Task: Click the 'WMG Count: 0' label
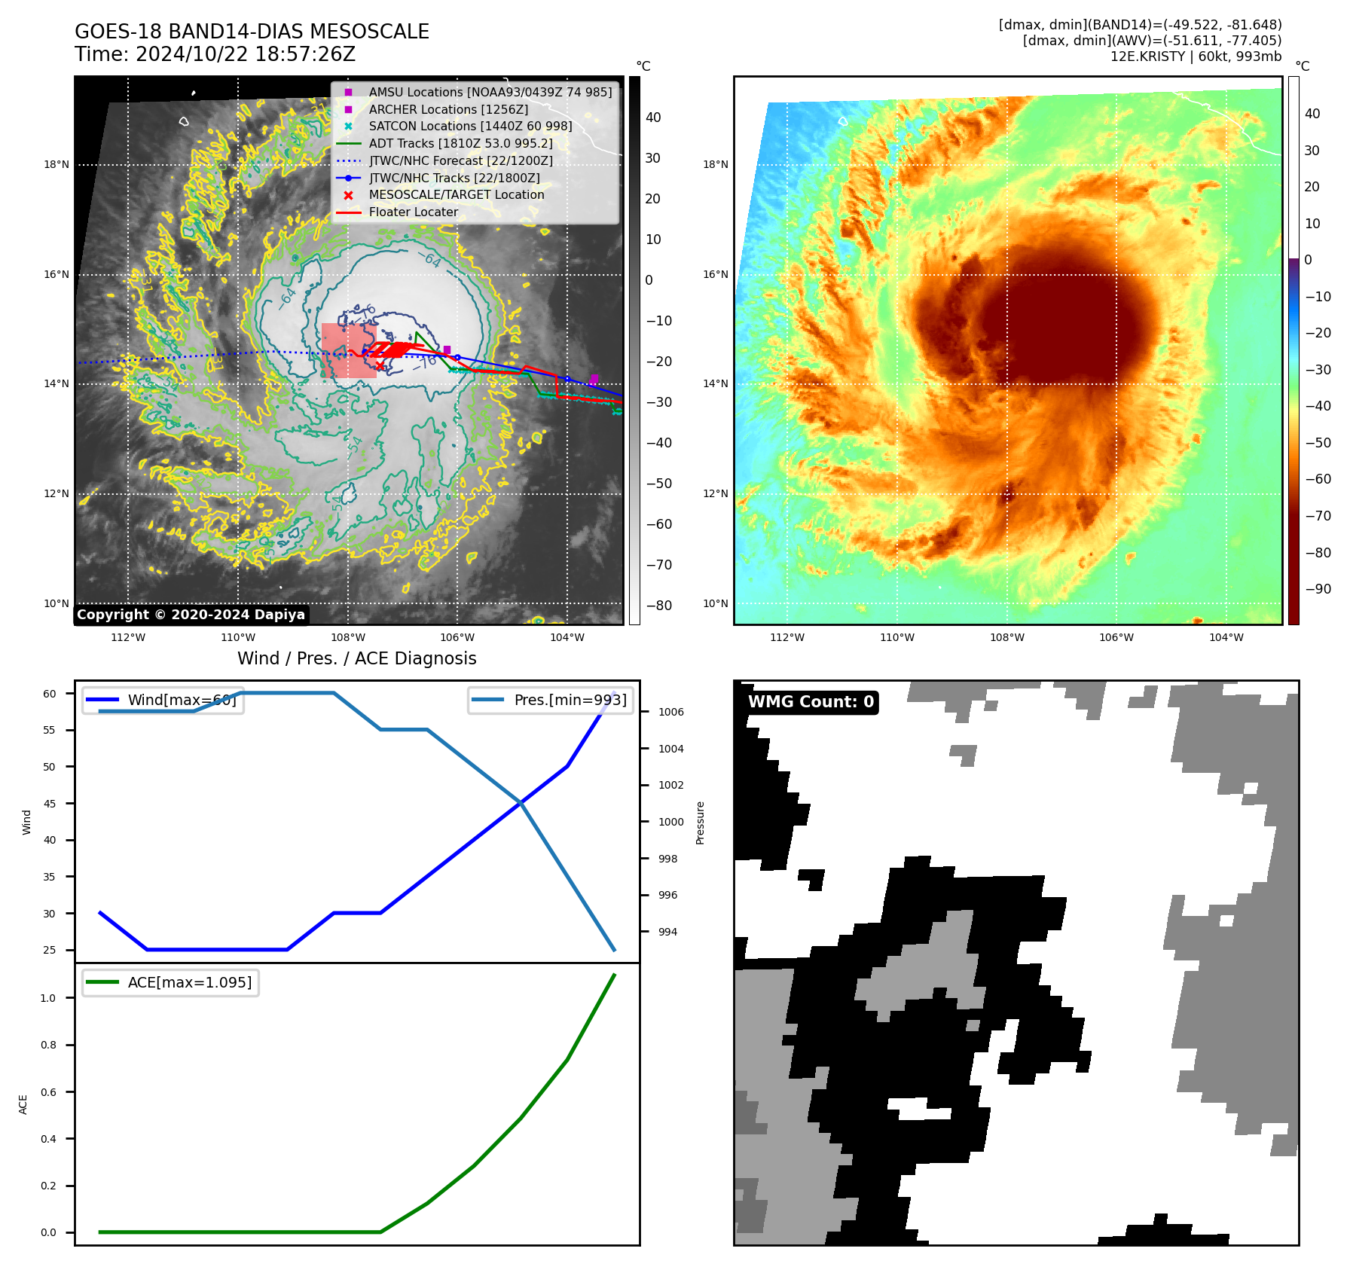coord(811,702)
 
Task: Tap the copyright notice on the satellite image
coord(191,615)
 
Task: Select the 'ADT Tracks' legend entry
coord(460,143)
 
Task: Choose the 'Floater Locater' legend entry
coord(413,212)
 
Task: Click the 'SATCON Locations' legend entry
coord(470,126)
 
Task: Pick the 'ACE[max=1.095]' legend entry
coord(189,982)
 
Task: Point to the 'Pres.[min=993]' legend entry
coord(570,700)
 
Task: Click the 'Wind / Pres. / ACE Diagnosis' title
coord(356,658)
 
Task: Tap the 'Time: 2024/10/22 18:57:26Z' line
coord(215,54)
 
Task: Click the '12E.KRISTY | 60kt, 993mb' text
coord(1195,56)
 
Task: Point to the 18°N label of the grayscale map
coord(57,165)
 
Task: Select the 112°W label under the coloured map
coord(787,637)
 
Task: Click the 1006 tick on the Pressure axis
coord(670,712)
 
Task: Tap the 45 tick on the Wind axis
coord(50,804)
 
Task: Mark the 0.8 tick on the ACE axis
coord(48,1045)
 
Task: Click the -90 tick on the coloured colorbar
coord(1318,589)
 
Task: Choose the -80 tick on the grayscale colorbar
coord(658,606)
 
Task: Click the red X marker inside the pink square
coord(380,367)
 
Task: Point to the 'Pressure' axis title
coord(700,823)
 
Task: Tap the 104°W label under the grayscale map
coord(567,637)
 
